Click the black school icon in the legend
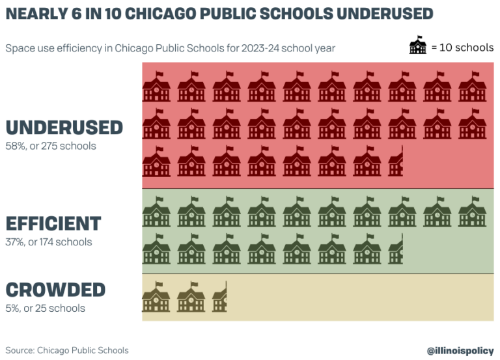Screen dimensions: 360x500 click(x=417, y=47)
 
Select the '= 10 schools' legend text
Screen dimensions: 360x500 click(x=462, y=48)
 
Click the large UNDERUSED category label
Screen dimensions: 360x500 click(x=64, y=127)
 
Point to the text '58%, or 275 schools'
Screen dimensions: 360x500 click(x=51, y=146)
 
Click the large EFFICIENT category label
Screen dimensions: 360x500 click(x=53, y=223)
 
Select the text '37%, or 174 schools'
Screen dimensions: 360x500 click(x=49, y=242)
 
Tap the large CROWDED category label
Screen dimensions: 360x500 click(x=55, y=289)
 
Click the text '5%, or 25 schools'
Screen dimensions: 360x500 click(x=45, y=308)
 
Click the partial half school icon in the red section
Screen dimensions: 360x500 click(x=396, y=161)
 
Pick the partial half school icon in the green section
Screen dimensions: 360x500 click(x=396, y=249)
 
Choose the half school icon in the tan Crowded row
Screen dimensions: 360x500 click(x=219, y=297)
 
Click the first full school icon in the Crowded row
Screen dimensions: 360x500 click(x=156, y=297)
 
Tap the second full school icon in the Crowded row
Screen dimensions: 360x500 click(x=191, y=297)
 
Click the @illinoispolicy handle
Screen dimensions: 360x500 click(x=460, y=350)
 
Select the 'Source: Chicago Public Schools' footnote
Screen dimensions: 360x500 click(x=67, y=350)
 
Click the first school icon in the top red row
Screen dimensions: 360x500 click(x=156, y=87)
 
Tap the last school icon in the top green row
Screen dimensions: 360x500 click(x=472, y=212)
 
